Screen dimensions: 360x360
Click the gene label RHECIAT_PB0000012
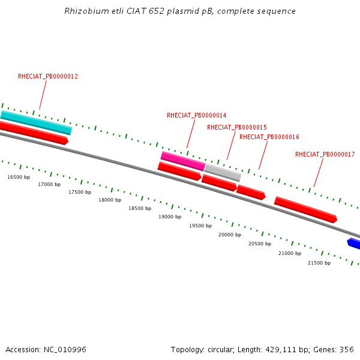point(48,77)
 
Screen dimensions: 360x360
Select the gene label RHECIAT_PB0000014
point(196,115)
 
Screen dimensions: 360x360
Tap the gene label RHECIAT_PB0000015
point(236,127)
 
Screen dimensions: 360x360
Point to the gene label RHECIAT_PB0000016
point(269,137)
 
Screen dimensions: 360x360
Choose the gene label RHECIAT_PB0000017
point(325,154)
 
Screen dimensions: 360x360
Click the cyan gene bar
point(36,122)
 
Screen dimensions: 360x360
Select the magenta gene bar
point(183,161)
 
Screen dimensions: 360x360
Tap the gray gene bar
point(223,173)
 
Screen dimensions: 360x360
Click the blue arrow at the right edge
point(354,243)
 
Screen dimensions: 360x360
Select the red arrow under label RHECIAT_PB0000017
point(305,209)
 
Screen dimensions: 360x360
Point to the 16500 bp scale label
point(19,177)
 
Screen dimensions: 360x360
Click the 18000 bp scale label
point(110,200)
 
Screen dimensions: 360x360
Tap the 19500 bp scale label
point(200,226)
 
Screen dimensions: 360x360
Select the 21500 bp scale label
point(319,263)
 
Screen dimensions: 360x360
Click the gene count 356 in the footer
point(346,349)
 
